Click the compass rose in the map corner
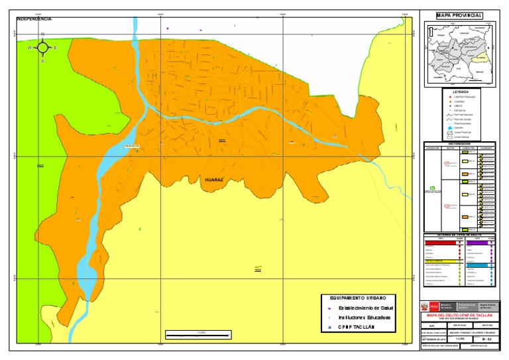point(42,47)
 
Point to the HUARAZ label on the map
point(215,180)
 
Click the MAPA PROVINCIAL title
point(459,15)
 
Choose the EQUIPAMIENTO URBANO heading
point(358,298)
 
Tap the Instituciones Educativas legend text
point(365,318)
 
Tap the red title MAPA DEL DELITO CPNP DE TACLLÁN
point(460,316)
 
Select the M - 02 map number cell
point(485,338)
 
